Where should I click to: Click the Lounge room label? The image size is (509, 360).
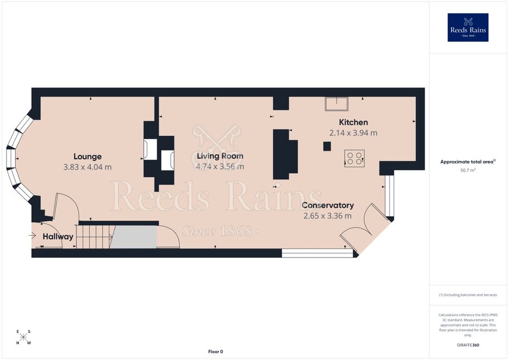coord(88,157)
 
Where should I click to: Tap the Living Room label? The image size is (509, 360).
coord(220,156)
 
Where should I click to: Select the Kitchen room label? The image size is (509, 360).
coord(353,123)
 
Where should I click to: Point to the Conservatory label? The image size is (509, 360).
coord(328,206)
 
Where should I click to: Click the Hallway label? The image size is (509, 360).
coord(58,237)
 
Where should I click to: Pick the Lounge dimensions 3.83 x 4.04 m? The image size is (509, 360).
coord(88,167)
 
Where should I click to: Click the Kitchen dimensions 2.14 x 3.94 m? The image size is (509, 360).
coord(353,133)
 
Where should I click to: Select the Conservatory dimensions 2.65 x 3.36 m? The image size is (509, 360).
coord(328,216)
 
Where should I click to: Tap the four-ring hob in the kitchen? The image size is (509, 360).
coord(355,158)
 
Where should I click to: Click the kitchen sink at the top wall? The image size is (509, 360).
coord(336,104)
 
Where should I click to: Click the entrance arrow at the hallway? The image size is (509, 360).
coord(32,235)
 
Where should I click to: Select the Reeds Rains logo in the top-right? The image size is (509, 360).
coord(468,28)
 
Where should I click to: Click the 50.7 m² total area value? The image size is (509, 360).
coord(467,170)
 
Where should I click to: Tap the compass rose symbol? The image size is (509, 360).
coord(23,337)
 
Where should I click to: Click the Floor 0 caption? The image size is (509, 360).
coord(216,352)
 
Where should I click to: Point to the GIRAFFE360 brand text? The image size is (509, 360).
coord(468,345)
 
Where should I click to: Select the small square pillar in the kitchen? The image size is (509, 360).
coord(327,146)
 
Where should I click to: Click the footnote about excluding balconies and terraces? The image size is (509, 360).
coord(468,295)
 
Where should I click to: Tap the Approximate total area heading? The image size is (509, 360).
coord(468,162)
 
